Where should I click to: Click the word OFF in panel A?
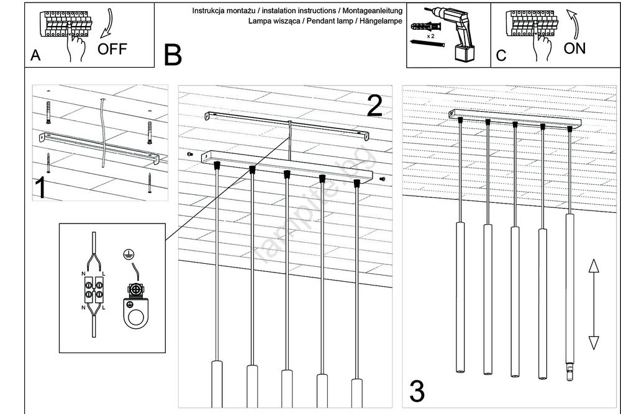click(112, 50)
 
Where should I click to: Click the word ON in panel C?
click(574, 48)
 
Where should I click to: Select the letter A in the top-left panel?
click(35, 56)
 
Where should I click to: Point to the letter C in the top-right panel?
click(501, 56)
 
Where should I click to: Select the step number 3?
click(417, 392)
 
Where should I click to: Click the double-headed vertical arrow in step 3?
click(593, 304)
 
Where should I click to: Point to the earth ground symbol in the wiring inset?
click(128, 254)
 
